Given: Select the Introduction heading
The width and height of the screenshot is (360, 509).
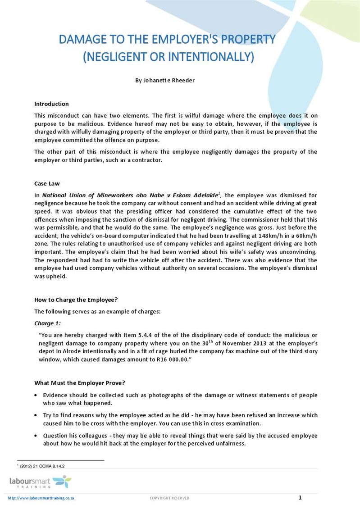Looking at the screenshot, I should pos(51,104).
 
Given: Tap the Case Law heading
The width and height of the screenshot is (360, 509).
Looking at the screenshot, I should pos(47,183).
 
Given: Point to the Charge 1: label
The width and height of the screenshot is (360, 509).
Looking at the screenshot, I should pos(47,323).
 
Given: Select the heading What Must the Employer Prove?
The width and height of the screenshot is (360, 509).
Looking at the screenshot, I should pos(79,383).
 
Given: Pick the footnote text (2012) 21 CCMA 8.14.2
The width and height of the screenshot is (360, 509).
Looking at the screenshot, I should pos(42,466).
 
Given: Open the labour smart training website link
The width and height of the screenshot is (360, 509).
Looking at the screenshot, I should pos(41,498).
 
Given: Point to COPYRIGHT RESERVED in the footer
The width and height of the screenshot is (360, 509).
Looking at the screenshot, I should pos(169,498).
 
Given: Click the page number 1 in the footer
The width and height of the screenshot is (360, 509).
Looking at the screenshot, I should pos(300,497).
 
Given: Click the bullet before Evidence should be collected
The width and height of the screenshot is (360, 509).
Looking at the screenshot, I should pos(36,395).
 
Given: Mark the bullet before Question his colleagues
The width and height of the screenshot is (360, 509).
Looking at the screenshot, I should pos(36,436).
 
